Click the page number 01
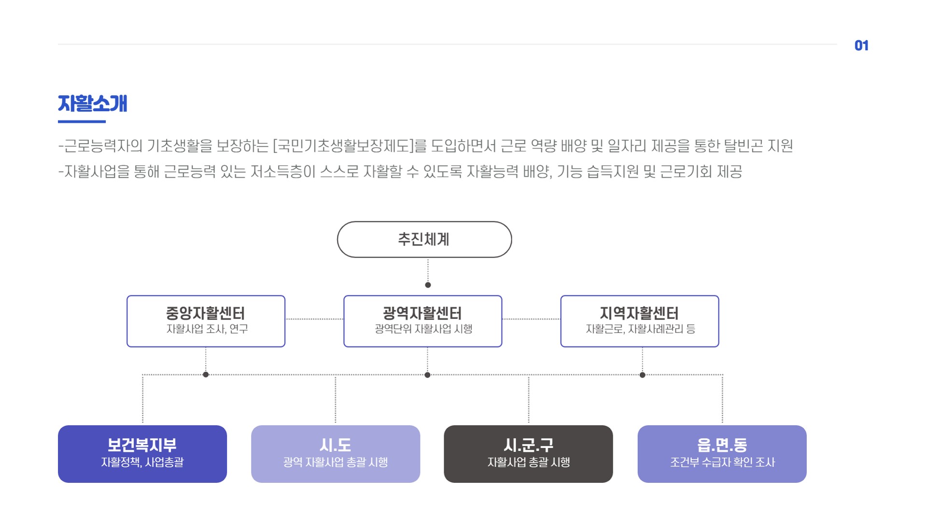(x=861, y=45)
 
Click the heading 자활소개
(x=92, y=103)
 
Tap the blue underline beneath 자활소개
(x=82, y=121)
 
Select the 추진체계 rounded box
(x=424, y=239)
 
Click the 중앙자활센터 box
(x=206, y=321)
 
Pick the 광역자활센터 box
(x=422, y=321)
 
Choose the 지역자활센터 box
(x=639, y=321)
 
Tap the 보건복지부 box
(x=142, y=453)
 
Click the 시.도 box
(x=335, y=453)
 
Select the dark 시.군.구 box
(x=528, y=453)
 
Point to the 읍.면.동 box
(x=722, y=453)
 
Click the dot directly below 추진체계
(x=428, y=285)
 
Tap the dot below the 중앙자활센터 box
(x=206, y=375)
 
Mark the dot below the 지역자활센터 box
(x=642, y=375)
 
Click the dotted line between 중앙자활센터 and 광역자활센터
(x=314, y=319)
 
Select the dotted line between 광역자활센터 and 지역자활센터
(x=531, y=319)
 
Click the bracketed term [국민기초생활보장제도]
(x=343, y=145)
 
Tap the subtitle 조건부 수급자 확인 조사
(x=722, y=463)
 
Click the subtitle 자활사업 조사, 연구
(x=207, y=329)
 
